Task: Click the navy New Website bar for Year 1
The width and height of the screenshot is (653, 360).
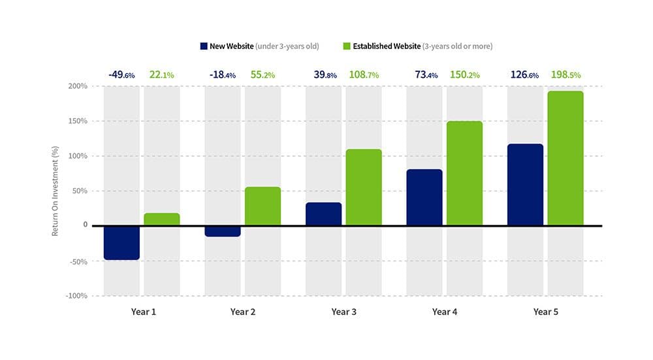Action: [x=121, y=242]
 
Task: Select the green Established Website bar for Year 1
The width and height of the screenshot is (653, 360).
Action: [x=161, y=220]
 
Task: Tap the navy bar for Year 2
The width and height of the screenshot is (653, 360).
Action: [x=222, y=231]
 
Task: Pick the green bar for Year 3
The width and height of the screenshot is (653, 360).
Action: [x=363, y=188]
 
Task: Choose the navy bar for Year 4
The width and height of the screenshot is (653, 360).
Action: [x=424, y=197]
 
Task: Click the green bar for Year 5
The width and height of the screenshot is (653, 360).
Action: [x=565, y=158]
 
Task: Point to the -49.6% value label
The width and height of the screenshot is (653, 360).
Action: [x=121, y=75]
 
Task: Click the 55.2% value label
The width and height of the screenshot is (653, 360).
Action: [x=263, y=75]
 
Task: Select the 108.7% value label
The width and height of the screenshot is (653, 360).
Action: [x=363, y=75]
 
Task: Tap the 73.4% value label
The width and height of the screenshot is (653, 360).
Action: [x=424, y=75]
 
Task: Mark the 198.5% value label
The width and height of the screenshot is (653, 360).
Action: [x=565, y=75]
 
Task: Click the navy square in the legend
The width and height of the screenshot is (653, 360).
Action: [x=204, y=46]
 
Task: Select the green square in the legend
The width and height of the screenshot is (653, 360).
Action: [x=347, y=46]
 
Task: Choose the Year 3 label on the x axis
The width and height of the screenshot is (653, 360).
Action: [x=343, y=312]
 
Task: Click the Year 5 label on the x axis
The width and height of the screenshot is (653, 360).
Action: [x=545, y=312]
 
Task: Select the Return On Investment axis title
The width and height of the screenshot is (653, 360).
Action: [x=56, y=191]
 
